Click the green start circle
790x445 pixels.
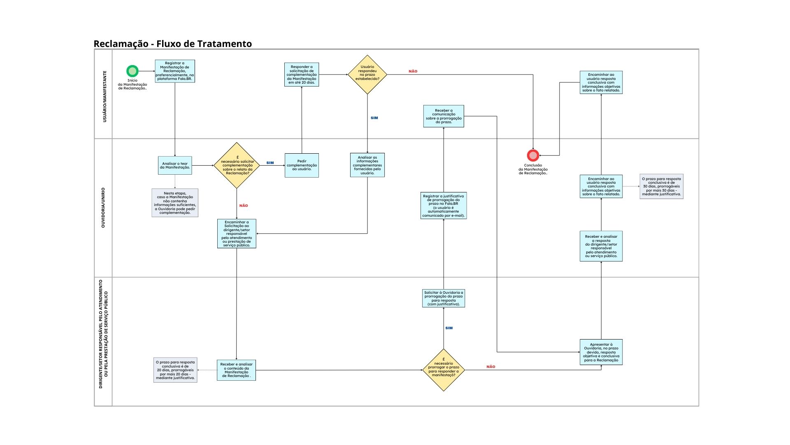[x=132, y=71]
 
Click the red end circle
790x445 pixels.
[x=533, y=155]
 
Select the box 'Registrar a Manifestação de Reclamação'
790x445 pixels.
[x=175, y=71]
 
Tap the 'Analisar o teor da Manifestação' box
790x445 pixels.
[x=175, y=166]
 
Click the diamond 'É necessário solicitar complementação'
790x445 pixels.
[x=237, y=166]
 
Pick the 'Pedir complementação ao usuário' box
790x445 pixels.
[x=302, y=165]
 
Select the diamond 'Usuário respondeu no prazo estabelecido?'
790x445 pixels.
[x=367, y=75]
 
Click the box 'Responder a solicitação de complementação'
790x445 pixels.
[x=302, y=75]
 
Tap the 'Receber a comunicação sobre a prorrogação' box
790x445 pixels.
[x=444, y=116]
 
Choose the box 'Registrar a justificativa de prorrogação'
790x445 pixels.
[x=444, y=206]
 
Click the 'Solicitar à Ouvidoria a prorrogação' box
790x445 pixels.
[x=444, y=298]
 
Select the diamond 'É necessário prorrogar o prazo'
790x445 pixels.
[x=444, y=370]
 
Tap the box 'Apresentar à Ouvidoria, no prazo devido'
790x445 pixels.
[x=601, y=352]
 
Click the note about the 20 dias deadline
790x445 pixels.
[x=175, y=370]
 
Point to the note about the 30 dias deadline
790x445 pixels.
[x=661, y=187]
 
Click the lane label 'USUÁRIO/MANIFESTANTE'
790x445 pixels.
[x=105, y=96]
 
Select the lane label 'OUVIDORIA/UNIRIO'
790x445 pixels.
[x=103, y=208]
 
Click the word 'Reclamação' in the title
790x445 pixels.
[x=121, y=44]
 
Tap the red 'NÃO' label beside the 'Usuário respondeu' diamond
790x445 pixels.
[x=413, y=71]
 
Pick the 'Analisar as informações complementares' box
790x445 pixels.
[x=367, y=165]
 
